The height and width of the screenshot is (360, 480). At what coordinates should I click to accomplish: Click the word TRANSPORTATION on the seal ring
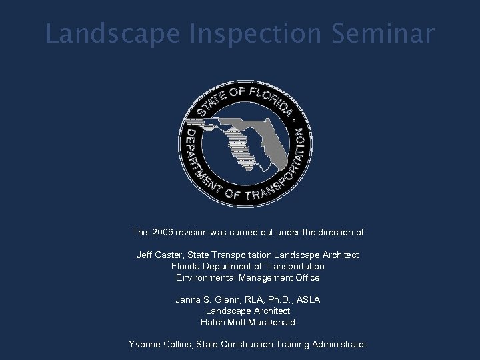[273, 177]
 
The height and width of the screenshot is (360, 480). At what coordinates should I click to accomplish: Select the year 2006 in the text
[163, 233]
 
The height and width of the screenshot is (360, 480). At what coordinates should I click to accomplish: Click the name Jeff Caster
[159, 255]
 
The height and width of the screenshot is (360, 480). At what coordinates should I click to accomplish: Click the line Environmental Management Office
[247, 277]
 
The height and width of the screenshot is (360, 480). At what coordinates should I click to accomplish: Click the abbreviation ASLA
[308, 300]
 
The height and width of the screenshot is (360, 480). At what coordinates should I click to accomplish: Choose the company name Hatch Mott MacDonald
[247, 322]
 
